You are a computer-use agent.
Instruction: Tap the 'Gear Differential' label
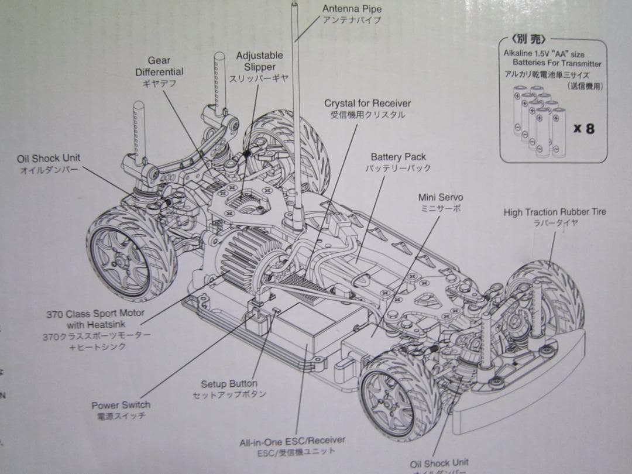[159, 66]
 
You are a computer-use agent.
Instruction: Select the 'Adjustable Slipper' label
[259, 61]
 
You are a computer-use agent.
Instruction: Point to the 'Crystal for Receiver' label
[367, 104]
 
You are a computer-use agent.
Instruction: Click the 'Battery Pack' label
[398, 157]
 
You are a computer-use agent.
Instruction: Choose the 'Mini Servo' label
[440, 197]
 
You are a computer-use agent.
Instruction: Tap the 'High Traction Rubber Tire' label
[555, 212]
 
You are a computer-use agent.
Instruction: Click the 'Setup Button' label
[229, 384]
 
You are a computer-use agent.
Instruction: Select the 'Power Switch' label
[121, 405]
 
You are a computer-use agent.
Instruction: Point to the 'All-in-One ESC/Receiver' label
[292, 441]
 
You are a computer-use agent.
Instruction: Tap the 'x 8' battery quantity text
[583, 128]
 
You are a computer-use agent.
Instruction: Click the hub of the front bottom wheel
[390, 398]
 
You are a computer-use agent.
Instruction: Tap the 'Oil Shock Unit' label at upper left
[49, 159]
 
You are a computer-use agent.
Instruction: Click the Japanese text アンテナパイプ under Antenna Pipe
[351, 20]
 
